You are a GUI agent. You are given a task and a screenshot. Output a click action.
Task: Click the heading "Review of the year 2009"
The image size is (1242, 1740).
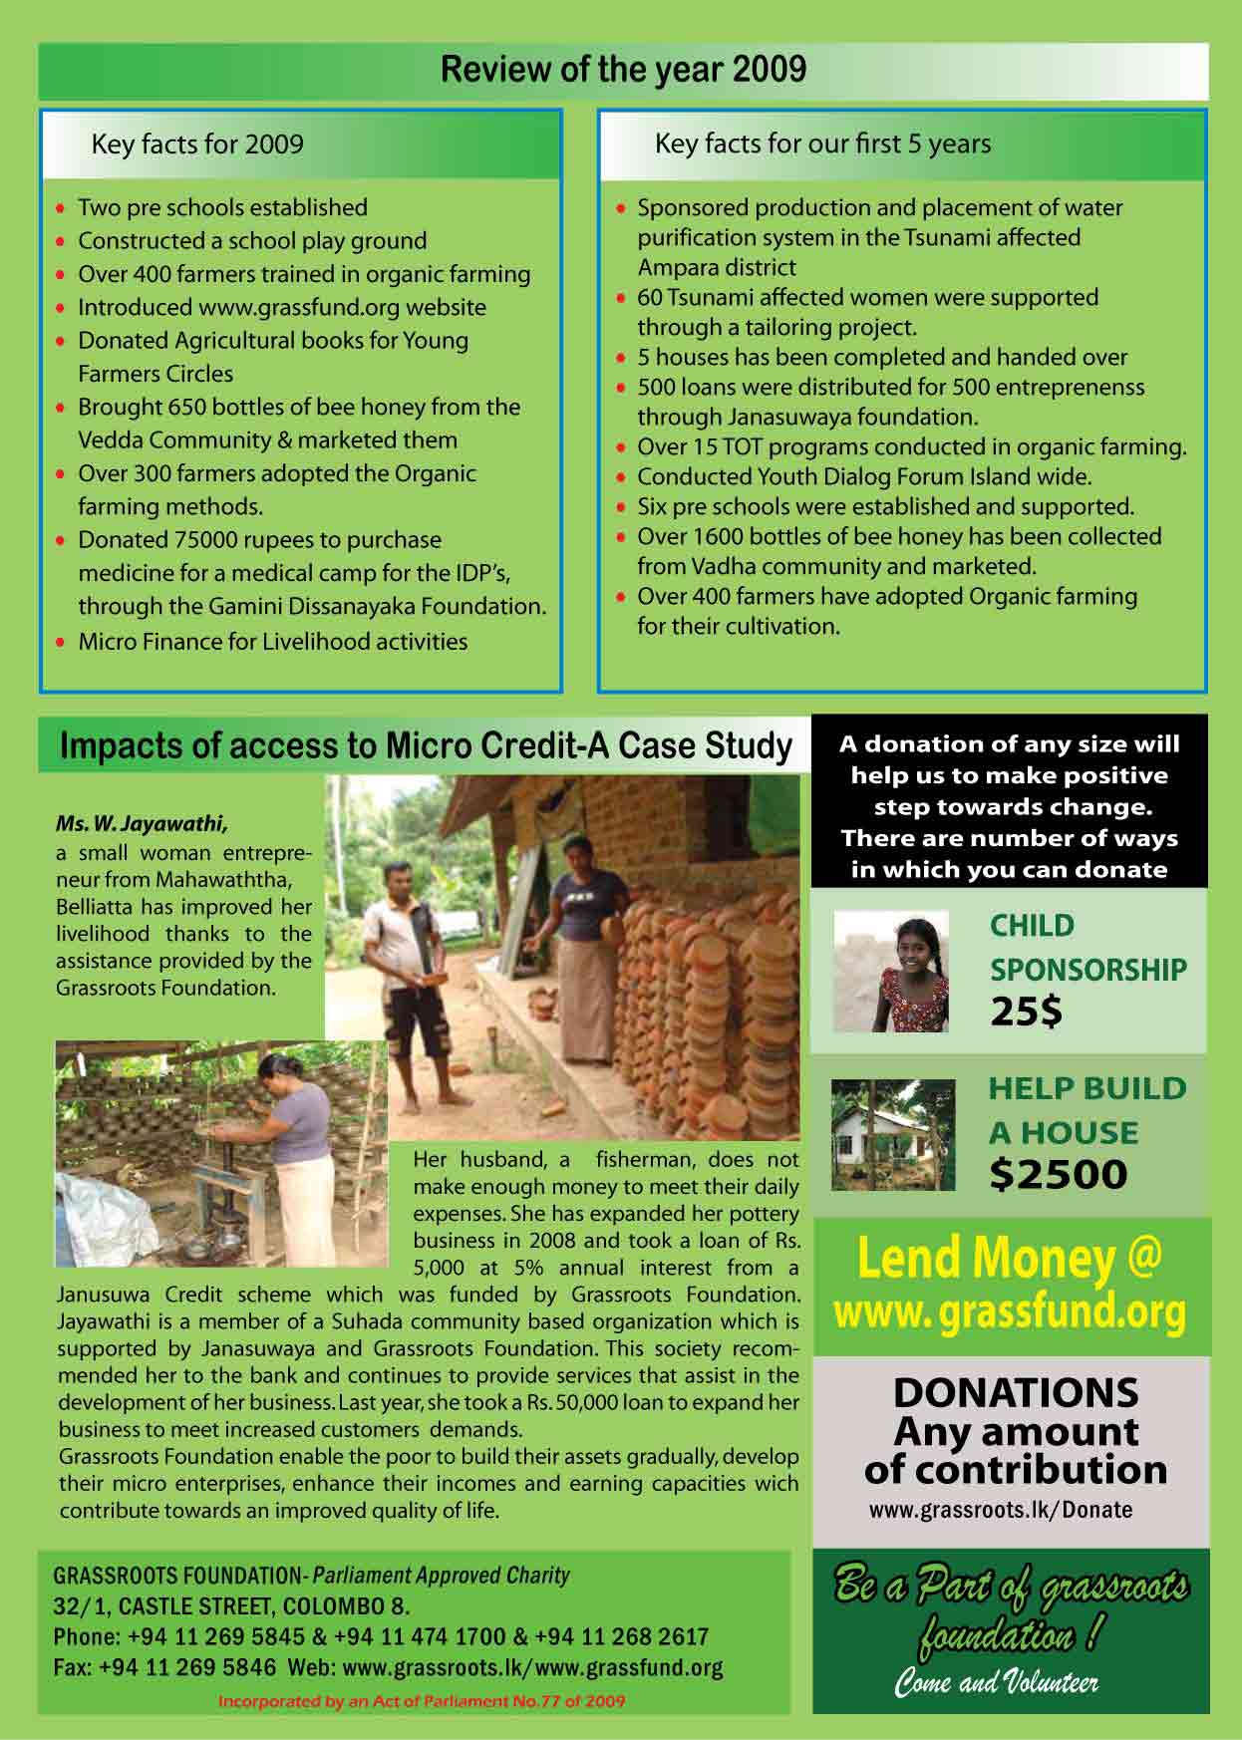tap(623, 70)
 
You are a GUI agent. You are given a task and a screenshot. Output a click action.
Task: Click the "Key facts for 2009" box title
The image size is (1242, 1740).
tap(196, 145)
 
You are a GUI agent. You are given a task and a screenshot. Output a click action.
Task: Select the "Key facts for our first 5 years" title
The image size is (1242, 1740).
tap(822, 144)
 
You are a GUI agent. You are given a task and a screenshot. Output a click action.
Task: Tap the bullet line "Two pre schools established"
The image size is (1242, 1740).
tap(222, 207)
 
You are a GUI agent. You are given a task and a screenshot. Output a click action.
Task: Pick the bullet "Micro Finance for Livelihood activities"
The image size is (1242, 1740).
tap(272, 641)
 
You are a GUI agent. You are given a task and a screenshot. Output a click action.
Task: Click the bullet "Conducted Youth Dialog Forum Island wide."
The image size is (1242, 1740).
tap(864, 476)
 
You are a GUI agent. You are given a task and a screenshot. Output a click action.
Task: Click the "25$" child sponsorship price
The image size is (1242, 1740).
tap(1027, 1013)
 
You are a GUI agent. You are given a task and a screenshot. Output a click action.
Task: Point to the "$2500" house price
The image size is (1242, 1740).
tap(1058, 1174)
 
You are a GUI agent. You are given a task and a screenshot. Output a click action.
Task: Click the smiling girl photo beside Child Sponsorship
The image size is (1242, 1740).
tap(891, 971)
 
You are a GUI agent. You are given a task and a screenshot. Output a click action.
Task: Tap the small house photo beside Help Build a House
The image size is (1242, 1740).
tap(892, 1134)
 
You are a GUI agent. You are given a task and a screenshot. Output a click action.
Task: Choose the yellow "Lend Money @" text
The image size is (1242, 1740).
tap(1009, 1260)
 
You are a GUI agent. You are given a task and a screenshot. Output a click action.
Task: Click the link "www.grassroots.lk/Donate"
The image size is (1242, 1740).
tap(1000, 1509)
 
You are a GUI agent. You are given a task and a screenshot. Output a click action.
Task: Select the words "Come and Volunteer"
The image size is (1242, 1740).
tap(996, 1683)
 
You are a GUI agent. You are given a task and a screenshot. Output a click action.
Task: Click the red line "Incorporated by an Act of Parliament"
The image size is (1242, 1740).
tap(421, 1701)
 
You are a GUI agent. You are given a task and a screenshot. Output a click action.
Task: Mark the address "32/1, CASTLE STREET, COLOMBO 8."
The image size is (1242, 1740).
tap(231, 1606)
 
